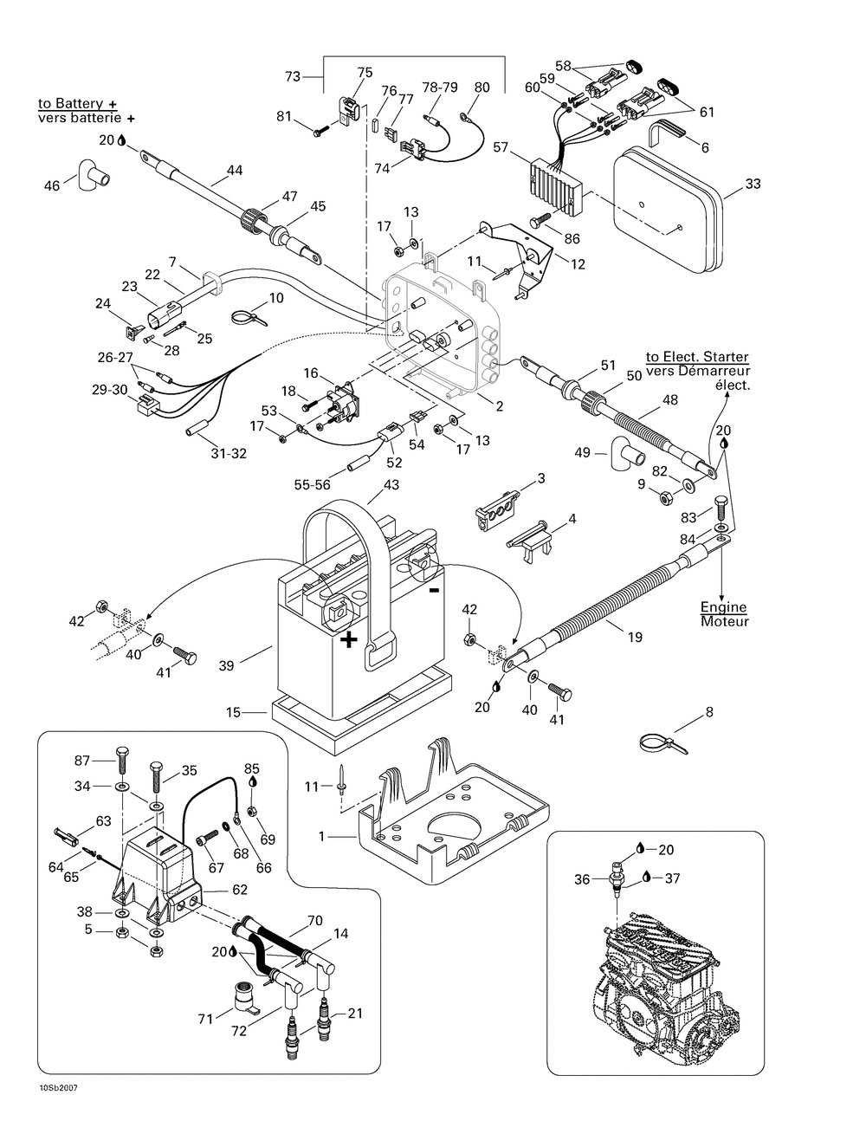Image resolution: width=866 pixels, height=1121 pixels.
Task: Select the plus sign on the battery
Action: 348,639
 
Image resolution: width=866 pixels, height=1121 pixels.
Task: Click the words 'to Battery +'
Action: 77,103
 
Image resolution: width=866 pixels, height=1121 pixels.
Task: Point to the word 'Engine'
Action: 724,608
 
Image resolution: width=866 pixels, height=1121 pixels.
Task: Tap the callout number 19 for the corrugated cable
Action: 635,637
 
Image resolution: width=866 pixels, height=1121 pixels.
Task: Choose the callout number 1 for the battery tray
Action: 322,837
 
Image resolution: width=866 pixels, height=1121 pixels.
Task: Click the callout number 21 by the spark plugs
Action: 356,1012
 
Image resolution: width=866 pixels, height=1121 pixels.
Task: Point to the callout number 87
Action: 83,760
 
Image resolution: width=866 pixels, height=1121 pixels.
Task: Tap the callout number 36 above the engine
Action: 581,878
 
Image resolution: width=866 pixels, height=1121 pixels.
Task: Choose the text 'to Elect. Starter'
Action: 697,357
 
